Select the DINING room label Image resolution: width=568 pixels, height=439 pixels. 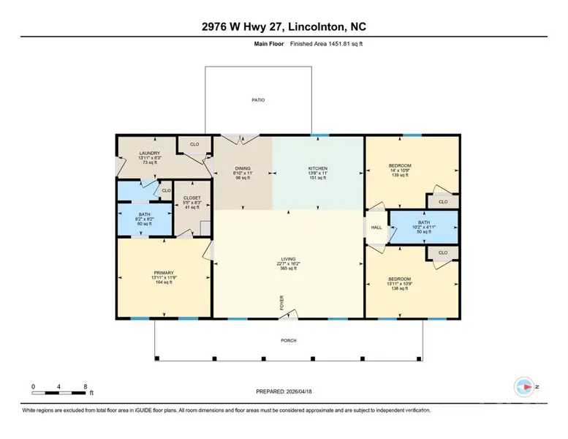point(243,168)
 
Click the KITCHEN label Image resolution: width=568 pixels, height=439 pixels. point(318,168)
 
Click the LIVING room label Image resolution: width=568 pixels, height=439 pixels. point(288,259)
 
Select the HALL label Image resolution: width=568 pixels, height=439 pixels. point(376,228)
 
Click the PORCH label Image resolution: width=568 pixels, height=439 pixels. point(288,340)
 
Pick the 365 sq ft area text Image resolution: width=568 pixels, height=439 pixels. point(288,269)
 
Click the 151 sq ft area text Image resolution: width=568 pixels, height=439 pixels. point(318,178)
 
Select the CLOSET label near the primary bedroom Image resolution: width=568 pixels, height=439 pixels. point(192,198)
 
